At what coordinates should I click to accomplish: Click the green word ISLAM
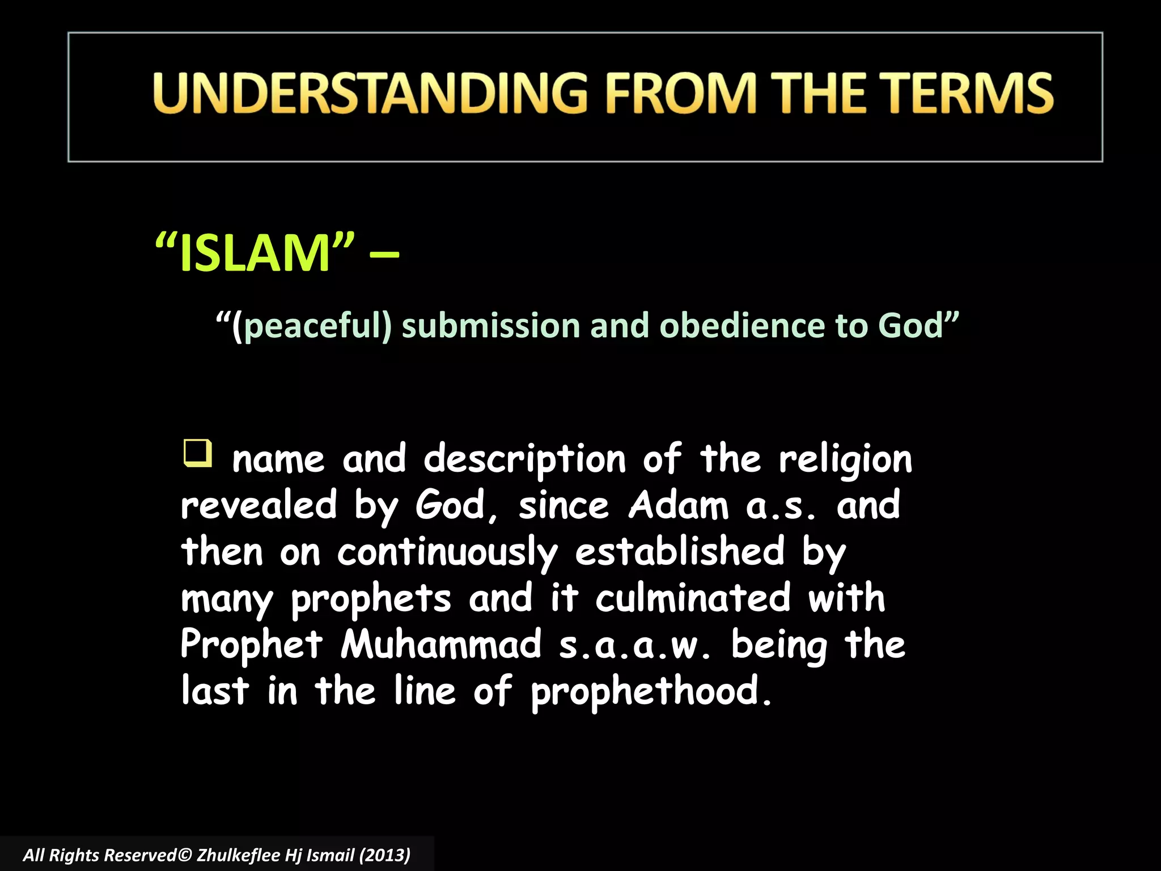[x=255, y=253]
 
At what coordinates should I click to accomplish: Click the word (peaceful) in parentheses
[x=312, y=327]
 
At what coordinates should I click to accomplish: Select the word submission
[x=491, y=327]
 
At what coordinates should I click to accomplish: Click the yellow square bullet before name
[x=197, y=453]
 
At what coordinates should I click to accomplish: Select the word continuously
[x=447, y=553]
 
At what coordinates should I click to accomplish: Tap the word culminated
[x=693, y=598]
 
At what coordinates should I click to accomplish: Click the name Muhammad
[x=441, y=645]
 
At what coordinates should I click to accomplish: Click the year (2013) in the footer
[x=384, y=855]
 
